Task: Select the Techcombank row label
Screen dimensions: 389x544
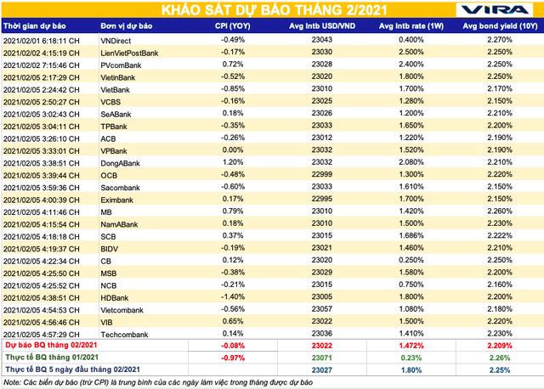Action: coord(101,334)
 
